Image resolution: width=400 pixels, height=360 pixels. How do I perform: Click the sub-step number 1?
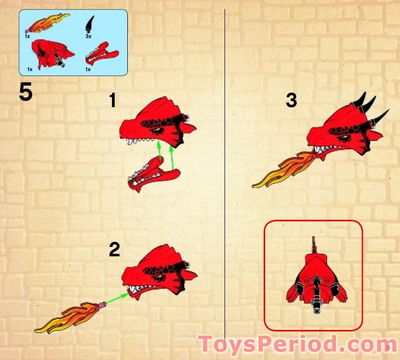pyautogui.click(x=113, y=101)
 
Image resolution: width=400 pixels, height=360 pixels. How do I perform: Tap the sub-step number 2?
pyautogui.click(x=115, y=249)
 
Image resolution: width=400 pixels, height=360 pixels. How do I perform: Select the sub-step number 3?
pyautogui.click(x=291, y=101)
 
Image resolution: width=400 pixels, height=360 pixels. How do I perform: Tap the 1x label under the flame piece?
pyautogui.click(x=27, y=36)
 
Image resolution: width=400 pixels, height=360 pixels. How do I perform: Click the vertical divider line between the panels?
pyautogui.click(x=225, y=150)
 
